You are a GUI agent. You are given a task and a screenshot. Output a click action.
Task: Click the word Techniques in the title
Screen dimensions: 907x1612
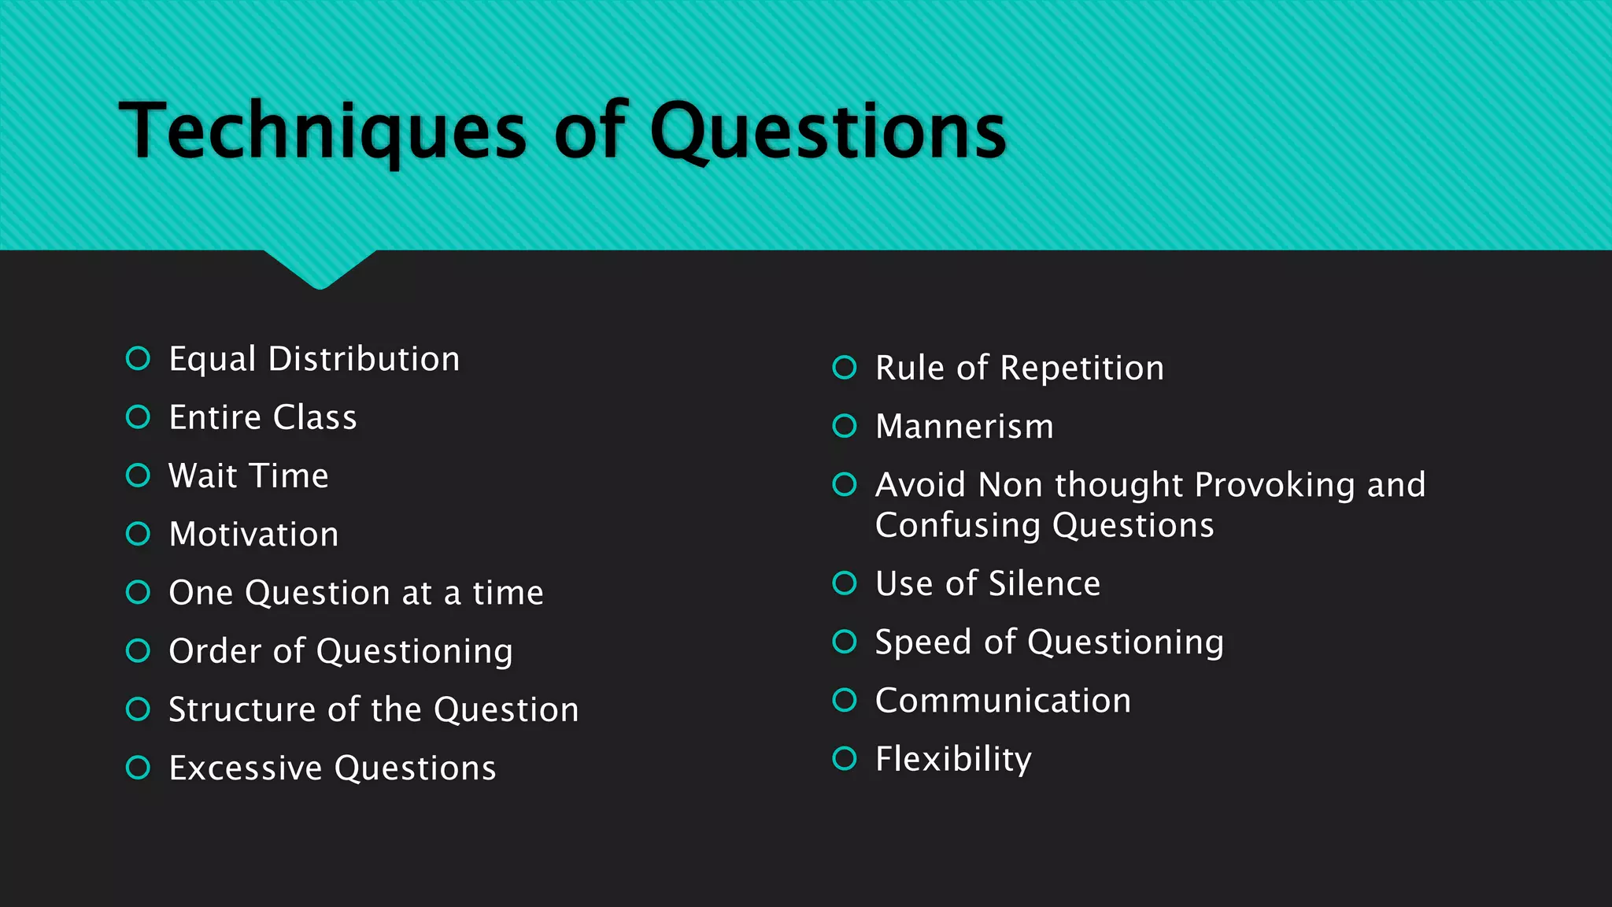pyautogui.click(x=323, y=131)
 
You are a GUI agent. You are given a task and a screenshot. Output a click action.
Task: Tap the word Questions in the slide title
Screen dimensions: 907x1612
pyautogui.click(x=828, y=131)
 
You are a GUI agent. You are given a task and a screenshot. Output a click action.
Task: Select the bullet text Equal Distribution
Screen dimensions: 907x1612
pyautogui.click(x=314, y=359)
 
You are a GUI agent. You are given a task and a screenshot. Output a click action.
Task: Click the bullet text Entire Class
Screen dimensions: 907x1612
pyautogui.click(x=263, y=417)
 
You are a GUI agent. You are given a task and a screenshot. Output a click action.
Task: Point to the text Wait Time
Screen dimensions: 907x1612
pyautogui.click(x=249, y=476)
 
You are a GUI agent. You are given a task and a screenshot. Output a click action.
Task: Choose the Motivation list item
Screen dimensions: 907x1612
pyautogui.click(x=253, y=535)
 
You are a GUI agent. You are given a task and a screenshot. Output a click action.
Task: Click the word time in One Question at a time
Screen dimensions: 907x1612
pyautogui.click(x=508, y=593)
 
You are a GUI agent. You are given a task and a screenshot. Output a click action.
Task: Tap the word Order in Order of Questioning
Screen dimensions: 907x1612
pyautogui.click(x=215, y=651)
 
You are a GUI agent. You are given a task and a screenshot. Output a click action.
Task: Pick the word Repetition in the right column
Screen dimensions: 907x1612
pyautogui.click(x=1081, y=368)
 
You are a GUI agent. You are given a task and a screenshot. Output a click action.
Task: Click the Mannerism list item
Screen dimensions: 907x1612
pyautogui.click(x=964, y=427)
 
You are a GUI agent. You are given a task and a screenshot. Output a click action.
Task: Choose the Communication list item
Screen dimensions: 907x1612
pyautogui.click(x=1003, y=701)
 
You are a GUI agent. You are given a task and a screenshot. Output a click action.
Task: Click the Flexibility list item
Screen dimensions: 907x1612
pyautogui.click(x=953, y=759)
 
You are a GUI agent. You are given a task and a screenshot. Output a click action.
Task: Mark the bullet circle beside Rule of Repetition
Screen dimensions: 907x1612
pyautogui.click(x=845, y=368)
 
